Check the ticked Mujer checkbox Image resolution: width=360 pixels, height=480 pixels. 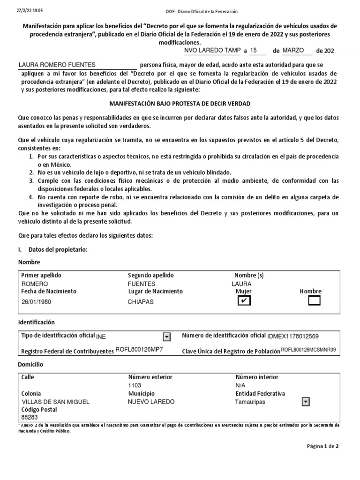pos(244,301)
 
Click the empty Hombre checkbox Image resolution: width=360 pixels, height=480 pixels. pos(314,301)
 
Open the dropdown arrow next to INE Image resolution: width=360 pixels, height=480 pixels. pos(166,337)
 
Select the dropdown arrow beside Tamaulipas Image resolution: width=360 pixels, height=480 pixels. pos(306,402)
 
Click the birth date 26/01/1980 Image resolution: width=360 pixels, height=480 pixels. pos(37,302)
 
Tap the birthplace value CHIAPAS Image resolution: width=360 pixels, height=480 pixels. pos(141,302)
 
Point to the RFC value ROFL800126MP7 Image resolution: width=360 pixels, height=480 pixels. pos(139,351)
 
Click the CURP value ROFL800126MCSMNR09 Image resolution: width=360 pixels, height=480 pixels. pos(308,350)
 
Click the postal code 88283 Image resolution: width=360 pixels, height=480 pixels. pos(30,417)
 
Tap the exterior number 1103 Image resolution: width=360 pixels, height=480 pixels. pos(135,385)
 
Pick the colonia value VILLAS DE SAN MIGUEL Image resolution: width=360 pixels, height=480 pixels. pos(56,402)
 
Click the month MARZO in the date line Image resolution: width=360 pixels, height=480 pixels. pos(293,50)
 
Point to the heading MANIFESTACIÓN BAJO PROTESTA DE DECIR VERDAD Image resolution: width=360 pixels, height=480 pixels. pos(180,103)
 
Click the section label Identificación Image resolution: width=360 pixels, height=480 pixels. pos(37,322)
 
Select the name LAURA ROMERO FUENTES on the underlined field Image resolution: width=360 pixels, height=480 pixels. pos(57,65)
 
